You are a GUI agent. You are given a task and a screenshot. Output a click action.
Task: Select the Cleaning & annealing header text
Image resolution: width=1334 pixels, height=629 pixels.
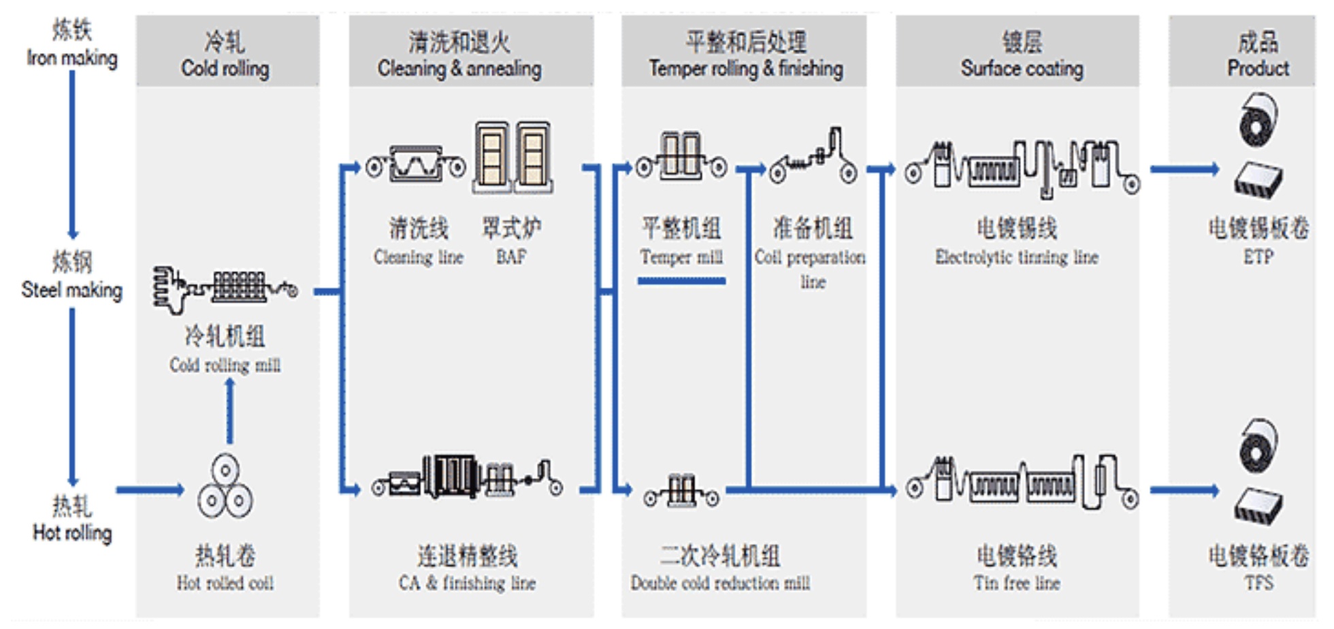(459, 54)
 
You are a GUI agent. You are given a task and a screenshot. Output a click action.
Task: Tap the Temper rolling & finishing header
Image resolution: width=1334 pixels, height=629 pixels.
(745, 54)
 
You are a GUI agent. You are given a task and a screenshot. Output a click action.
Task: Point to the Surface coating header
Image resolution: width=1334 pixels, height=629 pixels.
(1022, 54)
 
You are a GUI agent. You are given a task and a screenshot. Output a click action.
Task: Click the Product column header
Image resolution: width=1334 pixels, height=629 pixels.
(1257, 54)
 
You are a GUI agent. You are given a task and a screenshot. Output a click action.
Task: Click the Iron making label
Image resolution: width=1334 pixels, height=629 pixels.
(71, 44)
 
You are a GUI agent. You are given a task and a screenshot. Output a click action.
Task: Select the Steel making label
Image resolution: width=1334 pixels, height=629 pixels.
(71, 276)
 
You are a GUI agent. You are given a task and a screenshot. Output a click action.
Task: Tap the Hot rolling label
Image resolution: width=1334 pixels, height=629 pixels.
(72, 519)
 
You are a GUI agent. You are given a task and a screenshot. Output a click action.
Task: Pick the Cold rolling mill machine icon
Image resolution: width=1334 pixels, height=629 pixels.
(225, 288)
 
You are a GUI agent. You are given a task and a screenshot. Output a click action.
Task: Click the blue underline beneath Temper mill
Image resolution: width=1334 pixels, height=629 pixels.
(681, 280)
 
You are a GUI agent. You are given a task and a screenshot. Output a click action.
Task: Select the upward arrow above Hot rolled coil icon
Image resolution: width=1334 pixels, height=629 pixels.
(230, 411)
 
